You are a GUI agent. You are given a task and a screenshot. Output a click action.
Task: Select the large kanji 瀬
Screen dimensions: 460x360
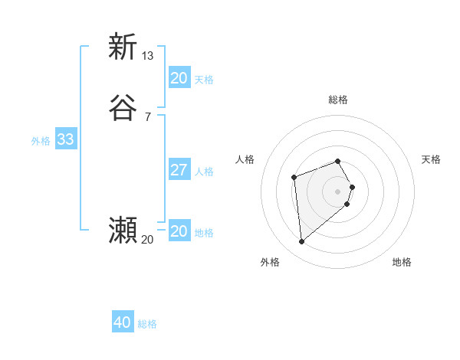pyautogui.click(x=123, y=230)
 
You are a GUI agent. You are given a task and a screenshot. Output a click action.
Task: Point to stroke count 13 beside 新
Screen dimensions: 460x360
pyautogui.click(x=148, y=55)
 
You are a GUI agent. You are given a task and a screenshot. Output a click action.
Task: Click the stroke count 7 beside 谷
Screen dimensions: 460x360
pyautogui.click(x=148, y=116)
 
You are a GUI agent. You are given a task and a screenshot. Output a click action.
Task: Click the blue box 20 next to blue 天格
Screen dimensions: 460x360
pyautogui.click(x=179, y=78)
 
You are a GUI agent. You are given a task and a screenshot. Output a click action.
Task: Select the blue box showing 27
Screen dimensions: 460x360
pyautogui.click(x=179, y=170)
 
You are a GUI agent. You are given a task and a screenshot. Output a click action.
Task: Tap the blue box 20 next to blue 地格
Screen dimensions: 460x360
pyautogui.click(x=179, y=231)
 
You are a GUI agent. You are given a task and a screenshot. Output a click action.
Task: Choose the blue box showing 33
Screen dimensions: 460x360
pyautogui.click(x=65, y=139)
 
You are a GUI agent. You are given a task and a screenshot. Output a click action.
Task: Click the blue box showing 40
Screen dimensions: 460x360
pyautogui.click(x=123, y=322)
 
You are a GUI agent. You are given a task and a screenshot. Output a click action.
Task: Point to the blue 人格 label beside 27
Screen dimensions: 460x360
pyautogui.click(x=205, y=172)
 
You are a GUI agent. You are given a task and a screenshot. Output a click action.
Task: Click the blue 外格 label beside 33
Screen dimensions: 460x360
pyautogui.click(x=41, y=141)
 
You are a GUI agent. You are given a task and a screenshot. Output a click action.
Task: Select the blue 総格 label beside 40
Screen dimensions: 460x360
pyautogui.click(x=147, y=324)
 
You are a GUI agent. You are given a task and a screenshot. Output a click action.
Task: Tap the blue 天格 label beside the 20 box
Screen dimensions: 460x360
pyautogui.click(x=205, y=80)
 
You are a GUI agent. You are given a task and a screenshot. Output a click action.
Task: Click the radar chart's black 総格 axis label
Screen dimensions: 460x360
pyautogui.click(x=338, y=100)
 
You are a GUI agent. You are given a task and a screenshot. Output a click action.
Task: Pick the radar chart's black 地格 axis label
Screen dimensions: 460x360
pyautogui.click(x=402, y=262)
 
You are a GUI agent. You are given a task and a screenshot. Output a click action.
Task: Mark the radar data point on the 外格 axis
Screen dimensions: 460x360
pyautogui.click(x=302, y=242)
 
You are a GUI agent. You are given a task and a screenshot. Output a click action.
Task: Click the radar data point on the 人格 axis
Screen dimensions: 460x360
pyautogui.click(x=294, y=178)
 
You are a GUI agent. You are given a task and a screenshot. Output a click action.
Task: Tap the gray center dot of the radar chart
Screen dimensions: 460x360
pyautogui.click(x=338, y=191)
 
